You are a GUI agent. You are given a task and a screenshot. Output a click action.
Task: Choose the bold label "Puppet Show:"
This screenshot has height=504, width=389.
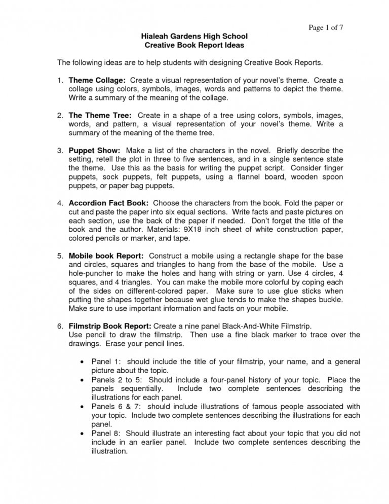tap(95, 150)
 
